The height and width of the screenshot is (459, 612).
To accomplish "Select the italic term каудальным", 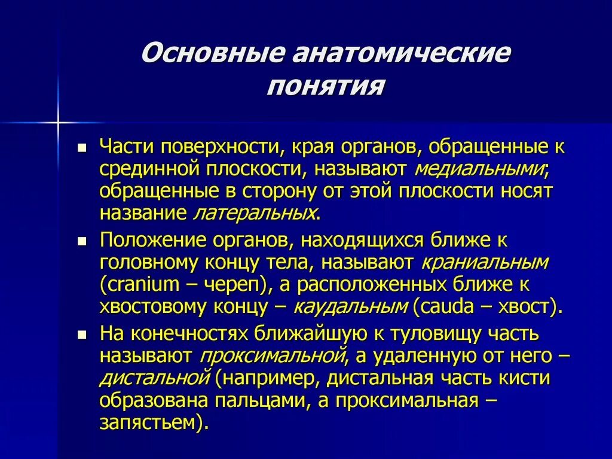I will (x=350, y=306).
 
